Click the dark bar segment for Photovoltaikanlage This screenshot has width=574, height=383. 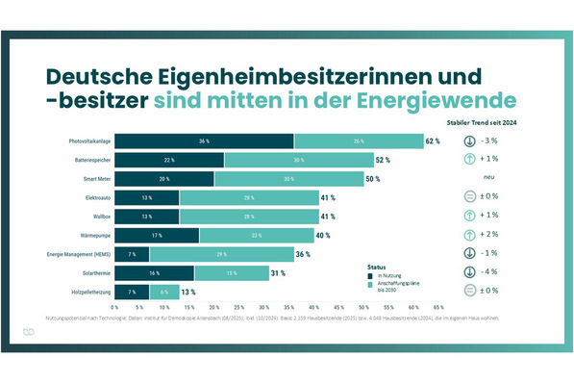pos(205,140)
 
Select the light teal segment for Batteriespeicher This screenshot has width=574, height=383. pos(298,160)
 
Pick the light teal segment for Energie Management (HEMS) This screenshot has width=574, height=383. pos(222,254)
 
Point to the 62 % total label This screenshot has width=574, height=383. pos(432,141)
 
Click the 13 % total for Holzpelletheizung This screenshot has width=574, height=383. pos(188,292)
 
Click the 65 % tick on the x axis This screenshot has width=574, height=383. pos(438,309)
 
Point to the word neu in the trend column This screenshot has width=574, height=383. pos(488,179)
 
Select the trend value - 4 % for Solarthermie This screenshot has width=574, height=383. pos(489,272)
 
